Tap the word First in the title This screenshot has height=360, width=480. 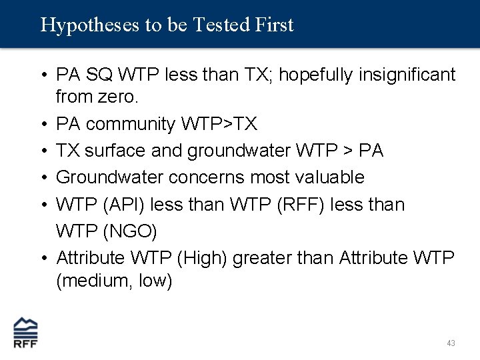click(x=273, y=25)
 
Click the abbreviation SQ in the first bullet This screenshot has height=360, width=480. click(x=98, y=74)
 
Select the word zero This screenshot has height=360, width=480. click(x=120, y=98)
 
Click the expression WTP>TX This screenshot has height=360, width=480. click(x=227, y=124)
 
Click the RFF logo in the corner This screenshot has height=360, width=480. click(x=26, y=332)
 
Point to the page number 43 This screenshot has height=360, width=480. click(x=451, y=343)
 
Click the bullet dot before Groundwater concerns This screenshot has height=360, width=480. click(x=43, y=177)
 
